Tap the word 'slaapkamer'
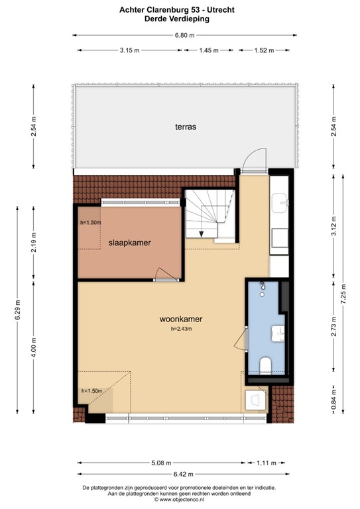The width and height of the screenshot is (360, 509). pyautogui.click(x=130, y=243)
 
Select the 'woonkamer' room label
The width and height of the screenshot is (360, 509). pyautogui.click(x=181, y=319)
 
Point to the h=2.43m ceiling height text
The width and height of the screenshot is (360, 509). pyautogui.click(x=181, y=329)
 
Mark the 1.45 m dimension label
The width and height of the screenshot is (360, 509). pyautogui.click(x=209, y=50)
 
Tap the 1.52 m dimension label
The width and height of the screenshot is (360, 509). pyautogui.click(x=265, y=50)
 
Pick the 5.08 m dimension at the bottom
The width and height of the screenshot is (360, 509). pyautogui.click(x=160, y=463)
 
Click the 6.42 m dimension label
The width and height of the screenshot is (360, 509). pyautogui.click(x=181, y=474)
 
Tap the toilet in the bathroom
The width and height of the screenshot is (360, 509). pyautogui.click(x=266, y=365)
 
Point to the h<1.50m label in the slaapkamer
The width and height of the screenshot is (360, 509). pyautogui.click(x=91, y=223)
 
